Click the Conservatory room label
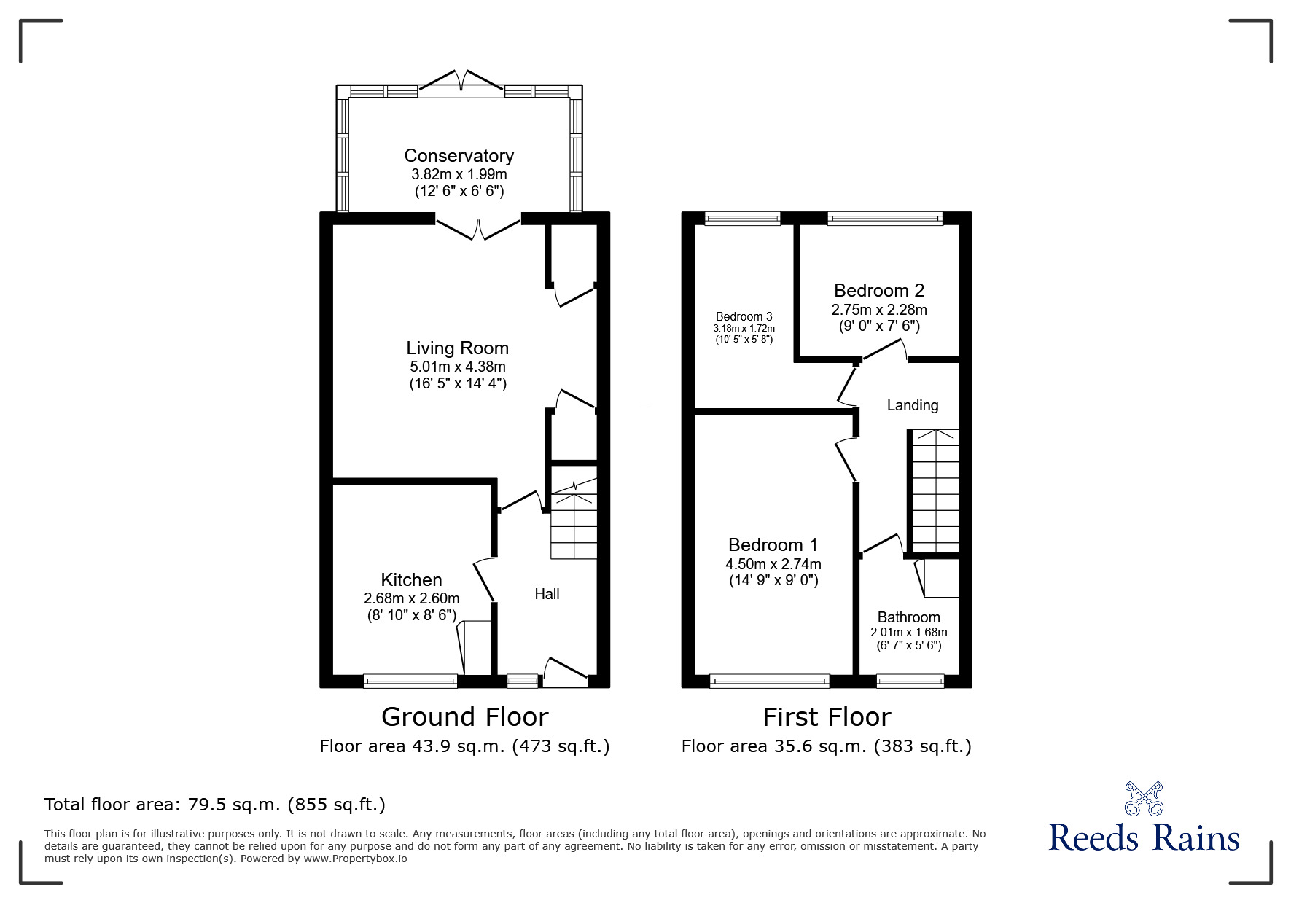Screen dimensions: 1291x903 click(x=459, y=156)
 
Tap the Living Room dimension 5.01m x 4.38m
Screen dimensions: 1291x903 click(x=458, y=367)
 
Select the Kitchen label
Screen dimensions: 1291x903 click(x=411, y=580)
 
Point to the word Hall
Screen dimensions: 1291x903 click(x=547, y=594)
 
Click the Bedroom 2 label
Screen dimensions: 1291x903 click(x=879, y=291)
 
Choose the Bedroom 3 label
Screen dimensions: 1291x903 click(x=744, y=316)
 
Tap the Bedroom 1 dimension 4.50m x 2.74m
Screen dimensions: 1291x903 click(x=773, y=564)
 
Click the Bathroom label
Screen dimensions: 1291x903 click(x=908, y=617)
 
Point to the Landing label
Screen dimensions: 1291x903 click(x=913, y=405)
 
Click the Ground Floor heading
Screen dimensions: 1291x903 click(x=464, y=717)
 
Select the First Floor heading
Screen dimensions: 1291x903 click(x=827, y=717)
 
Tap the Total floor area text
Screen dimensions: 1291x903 click(x=215, y=805)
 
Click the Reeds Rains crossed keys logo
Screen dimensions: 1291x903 click(x=1144, y=798)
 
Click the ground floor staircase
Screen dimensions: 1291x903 click(x=574, y=520)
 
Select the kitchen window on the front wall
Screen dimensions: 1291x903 click(x=410, y=681)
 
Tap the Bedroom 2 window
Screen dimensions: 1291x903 click(x=885, y=218)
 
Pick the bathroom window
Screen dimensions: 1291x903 click(x=910, y=681)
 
